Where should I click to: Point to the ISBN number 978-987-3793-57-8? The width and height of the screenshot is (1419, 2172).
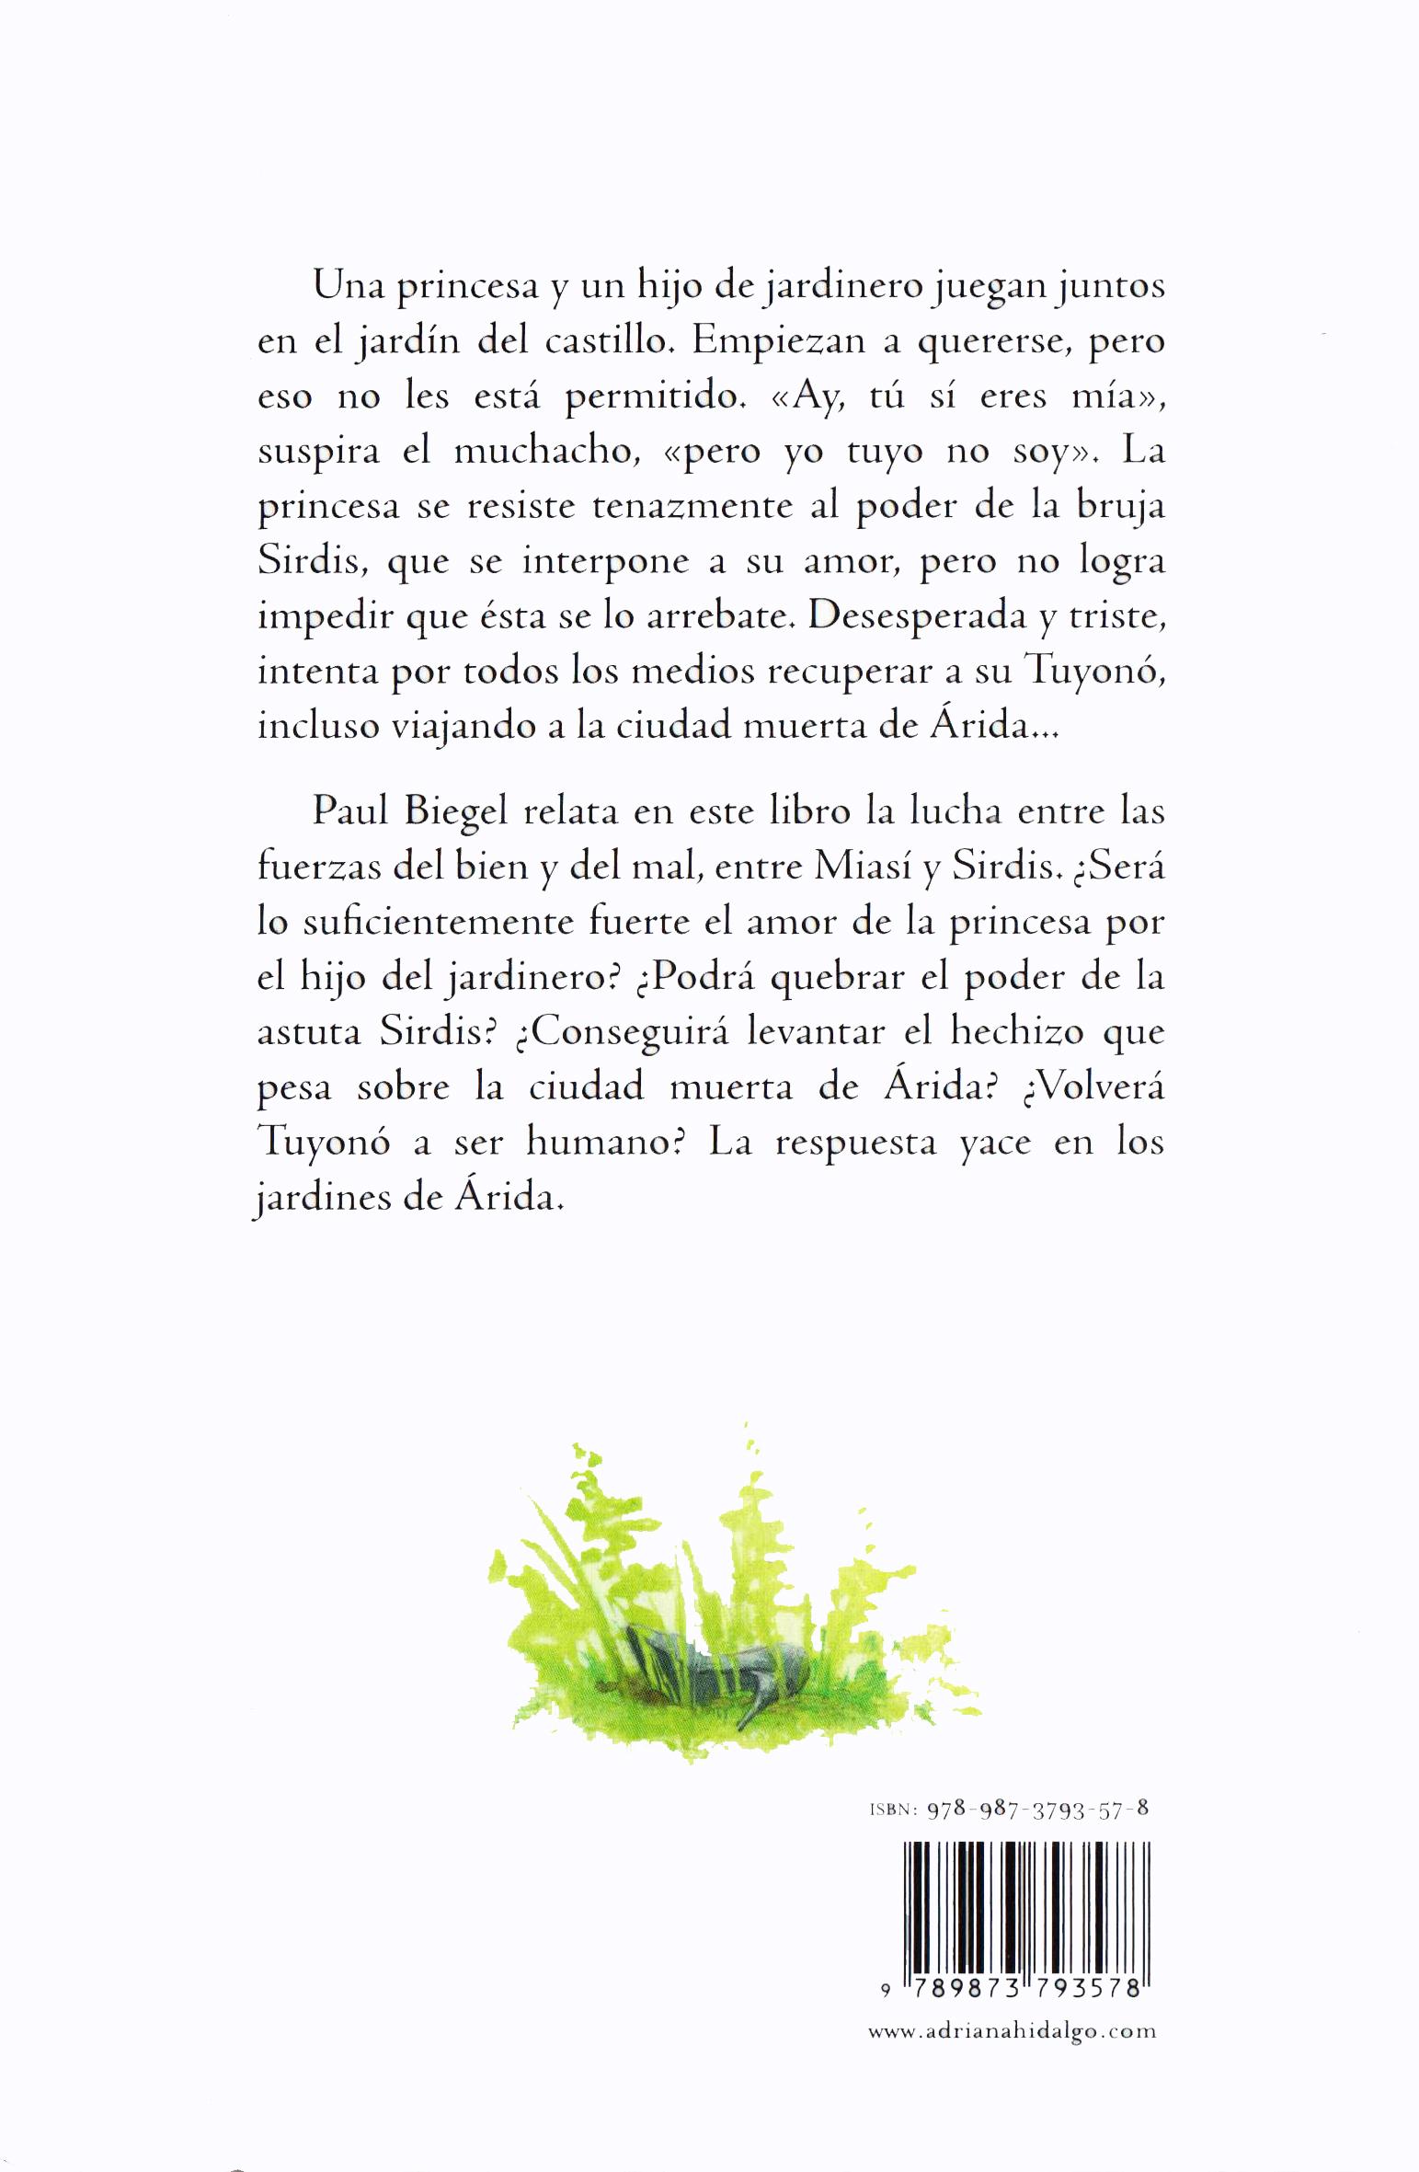(1038, 1828)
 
